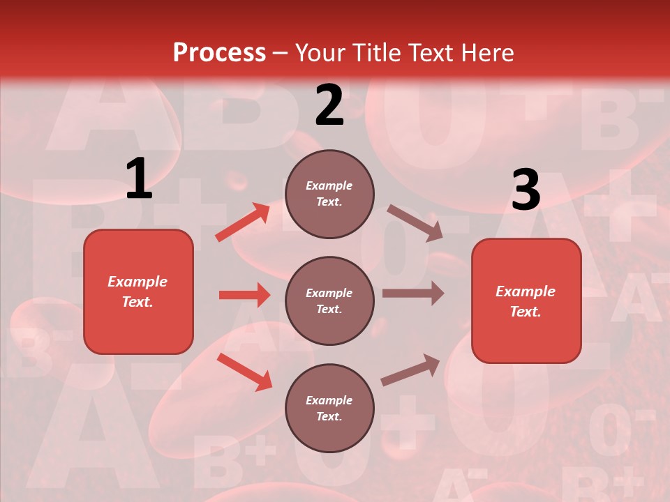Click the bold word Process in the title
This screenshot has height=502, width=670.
219,53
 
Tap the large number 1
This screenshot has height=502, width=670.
139,179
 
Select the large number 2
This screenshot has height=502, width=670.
329,105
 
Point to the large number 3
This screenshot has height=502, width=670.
526,190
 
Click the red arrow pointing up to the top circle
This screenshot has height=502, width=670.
243,222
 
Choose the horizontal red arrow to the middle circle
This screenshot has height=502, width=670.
244,295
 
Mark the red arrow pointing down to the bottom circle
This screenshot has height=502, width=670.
244,371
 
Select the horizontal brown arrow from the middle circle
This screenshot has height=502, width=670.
412,294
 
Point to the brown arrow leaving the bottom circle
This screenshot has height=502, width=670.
410,370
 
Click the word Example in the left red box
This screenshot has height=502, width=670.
137,282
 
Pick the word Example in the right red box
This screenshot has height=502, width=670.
526,291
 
